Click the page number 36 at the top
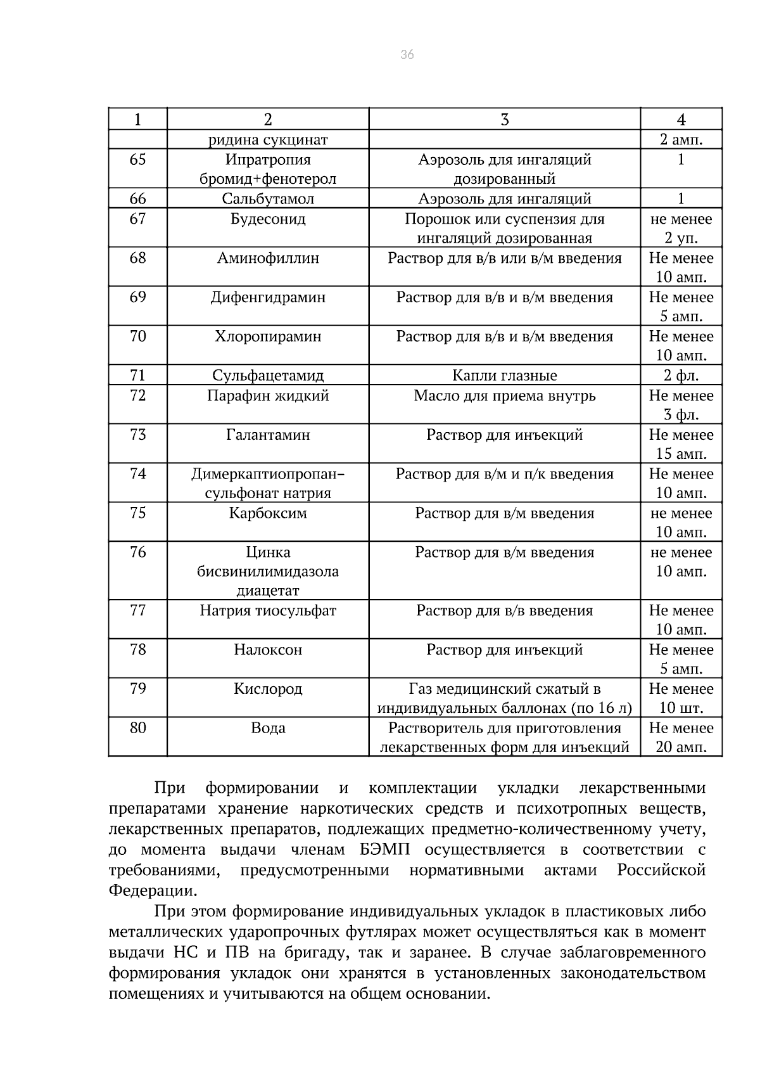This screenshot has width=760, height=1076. coord(407,55)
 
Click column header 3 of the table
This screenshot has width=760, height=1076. coord(504,119)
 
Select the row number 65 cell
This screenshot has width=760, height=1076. coord(137,160)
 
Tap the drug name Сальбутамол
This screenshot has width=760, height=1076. coord(268,199)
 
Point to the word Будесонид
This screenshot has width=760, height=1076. coord(268,219)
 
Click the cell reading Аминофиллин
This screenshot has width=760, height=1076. coord(268,259)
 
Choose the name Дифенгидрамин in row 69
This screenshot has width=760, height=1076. coord(268,298)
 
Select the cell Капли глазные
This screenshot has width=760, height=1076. coord(504,376)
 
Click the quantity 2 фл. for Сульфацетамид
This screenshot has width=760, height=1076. coord(681,376)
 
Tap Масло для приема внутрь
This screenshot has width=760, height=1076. coord(504,396)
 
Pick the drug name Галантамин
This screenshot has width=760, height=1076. coord(268,435)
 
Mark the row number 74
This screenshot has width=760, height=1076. coord(137,474)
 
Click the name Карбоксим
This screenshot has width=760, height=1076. coord(268,513)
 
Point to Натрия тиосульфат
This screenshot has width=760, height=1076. coord(268,611)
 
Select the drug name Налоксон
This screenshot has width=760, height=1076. coord(268,650)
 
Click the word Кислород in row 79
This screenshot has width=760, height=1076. coord(268,689)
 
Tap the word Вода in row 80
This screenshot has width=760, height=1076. coord(268,729)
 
